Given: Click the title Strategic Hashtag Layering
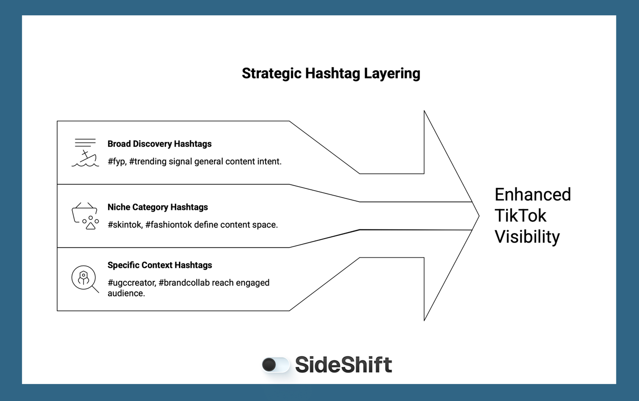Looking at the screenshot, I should tap(331, 73).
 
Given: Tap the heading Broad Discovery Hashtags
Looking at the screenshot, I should tap(159, 144).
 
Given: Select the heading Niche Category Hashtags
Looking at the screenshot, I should tap(157, 207).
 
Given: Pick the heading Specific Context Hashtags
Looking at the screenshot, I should tap(160, 265).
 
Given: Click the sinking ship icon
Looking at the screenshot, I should tap(85, 153).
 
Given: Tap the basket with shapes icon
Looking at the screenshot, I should tap(85, 216).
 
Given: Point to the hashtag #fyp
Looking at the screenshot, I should tap(116, 161).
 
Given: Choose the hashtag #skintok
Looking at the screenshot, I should tap(125, 225).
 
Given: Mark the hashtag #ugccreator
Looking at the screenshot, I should tap(131, 283).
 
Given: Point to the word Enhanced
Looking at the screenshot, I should tap(533, 195).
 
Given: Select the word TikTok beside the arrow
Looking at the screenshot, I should tap(520, 216).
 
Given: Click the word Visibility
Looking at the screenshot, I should tap(527, 237).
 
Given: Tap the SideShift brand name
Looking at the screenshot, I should tap(343, 365).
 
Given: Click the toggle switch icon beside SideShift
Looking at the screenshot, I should tap(276, 365).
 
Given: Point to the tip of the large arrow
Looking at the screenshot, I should tap(478, 216).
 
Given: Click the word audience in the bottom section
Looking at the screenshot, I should tap(126, 293).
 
